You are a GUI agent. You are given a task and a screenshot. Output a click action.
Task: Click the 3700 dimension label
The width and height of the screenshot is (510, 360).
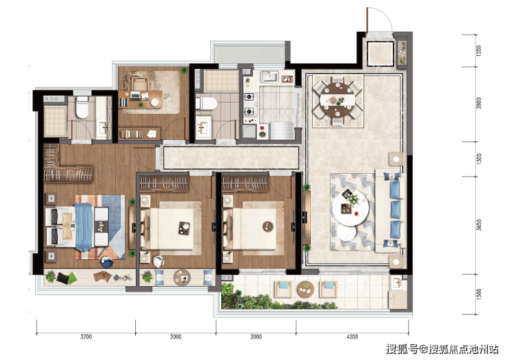(x=86, y=337)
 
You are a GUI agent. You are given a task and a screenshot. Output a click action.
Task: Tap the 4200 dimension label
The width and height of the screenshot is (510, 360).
(x=352, y=337)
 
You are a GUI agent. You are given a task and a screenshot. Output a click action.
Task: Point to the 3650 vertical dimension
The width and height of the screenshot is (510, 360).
(x=479, y=226)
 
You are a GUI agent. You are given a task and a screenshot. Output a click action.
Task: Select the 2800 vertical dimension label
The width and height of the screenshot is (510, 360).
(x=479, y=103)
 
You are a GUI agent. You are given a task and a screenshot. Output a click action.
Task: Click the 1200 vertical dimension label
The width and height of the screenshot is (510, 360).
(x=479, y=51)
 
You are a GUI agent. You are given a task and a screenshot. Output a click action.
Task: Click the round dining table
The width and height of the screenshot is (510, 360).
(x=338, y=99)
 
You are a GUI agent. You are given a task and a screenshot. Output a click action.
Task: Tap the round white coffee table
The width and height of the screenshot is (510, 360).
(x=350, y=209)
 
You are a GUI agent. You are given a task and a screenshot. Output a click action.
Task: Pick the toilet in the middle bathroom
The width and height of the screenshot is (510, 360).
(x=206, y=103)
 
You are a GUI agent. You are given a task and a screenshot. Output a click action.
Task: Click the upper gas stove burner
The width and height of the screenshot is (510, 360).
(x=249, y=97)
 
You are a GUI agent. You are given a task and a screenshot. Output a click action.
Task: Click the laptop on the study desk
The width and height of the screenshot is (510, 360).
(x=135, y=95)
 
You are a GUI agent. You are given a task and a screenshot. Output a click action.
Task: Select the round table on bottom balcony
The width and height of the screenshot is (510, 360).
(x=305, y=290)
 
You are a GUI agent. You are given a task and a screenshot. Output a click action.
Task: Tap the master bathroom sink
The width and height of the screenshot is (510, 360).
(x=104, y=127)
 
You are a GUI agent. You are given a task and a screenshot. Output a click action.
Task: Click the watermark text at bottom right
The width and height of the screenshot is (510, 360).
(x=442, y=349)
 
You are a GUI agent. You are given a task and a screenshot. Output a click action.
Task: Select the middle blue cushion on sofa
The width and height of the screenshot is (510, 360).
(x=396, y=209)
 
